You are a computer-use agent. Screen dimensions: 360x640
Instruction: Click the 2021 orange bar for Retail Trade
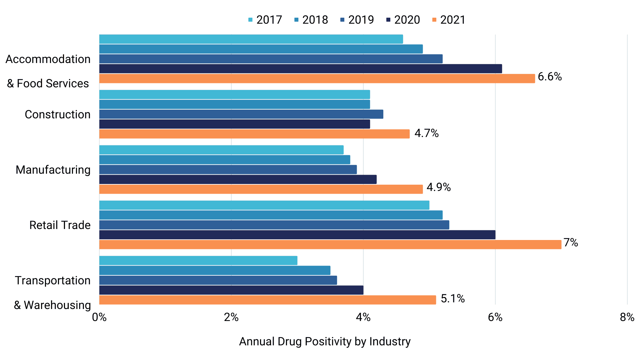pyautogui.click(x=330, y=245)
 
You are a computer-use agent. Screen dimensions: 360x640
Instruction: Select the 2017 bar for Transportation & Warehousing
pyautogui.click(x=198, y=261)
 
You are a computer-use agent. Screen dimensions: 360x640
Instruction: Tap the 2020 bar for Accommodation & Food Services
pyautogui.click(x=300, y=69)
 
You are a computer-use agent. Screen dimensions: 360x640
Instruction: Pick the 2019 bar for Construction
pyautogui.click(x=241, y=114)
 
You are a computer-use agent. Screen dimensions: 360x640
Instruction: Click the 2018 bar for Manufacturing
pyautogui.click(x=224, y=160)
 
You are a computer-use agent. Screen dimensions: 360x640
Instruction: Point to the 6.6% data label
pyautogui.click(x=550, y=77)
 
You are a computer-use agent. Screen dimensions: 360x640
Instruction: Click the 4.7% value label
pyautogui.click(x=426, y=133)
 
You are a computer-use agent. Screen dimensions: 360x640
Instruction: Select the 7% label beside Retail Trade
pyautogui.click(x=571, y=242)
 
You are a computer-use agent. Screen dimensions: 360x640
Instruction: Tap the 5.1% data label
pyautogui.click(x=453, y=298)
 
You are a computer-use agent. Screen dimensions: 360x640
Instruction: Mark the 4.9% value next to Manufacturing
pyautogui.click(x=439, y=187)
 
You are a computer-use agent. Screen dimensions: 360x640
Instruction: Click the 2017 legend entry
pyautogui.click(x=265, y=20)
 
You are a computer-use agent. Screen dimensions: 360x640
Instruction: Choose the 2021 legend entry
pyautogui.click(x=449, y=20)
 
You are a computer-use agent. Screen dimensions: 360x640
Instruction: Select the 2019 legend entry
pyautogui.click(x=357, y=20)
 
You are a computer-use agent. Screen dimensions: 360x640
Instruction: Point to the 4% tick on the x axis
pyautogui.click(x=363, y=317)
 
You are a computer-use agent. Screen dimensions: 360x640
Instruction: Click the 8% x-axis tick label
pyautogui.click(x=627, y=317)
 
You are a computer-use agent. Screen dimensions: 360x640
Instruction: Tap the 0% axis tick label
pyautogui.click(x=99, y=317)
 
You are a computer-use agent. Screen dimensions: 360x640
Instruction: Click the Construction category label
pyautogui.click(x=57, y=114)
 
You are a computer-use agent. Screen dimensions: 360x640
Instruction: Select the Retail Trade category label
pyautogui.click(x=60, y=225)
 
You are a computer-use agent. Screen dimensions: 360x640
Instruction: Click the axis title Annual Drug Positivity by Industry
pyautogui.click(x=325, y=341)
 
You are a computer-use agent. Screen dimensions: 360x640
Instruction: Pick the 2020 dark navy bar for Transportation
pyautogui.click(x=231, y=290)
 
